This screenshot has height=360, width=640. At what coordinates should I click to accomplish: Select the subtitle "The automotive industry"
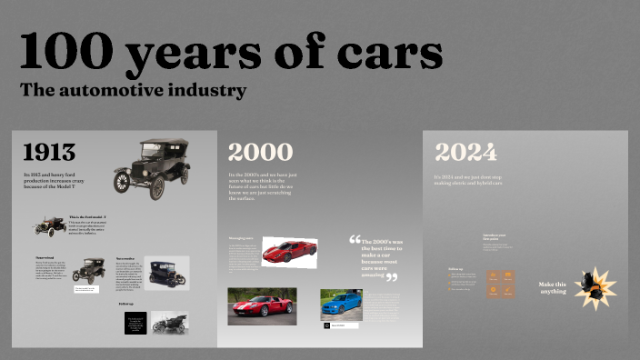coord(133,91)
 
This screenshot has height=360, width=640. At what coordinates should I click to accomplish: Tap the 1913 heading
coord(49,152)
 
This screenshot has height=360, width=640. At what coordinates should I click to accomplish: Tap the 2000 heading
coord(260,152)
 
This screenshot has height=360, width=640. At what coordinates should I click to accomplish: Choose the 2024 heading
coord(465,152)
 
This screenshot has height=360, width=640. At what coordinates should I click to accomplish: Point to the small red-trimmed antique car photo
coord(49,225)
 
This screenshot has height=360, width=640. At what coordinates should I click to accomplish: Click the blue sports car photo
coord(341,305)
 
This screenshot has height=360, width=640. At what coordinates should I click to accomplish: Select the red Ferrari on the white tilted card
coord(289,250)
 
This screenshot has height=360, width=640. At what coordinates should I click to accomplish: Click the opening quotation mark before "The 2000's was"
coord(355,241)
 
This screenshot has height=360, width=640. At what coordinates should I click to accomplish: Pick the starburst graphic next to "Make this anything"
coord(596,287)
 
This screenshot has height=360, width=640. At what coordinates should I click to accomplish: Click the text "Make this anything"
coord(552,287)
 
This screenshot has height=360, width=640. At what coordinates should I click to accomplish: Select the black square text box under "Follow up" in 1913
coord(135,323)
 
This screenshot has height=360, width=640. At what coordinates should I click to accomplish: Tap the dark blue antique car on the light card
coord(166,273)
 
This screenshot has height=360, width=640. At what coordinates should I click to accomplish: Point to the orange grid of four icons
coord(501,284)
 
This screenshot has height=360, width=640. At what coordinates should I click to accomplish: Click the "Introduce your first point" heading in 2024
coord(495,236)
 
